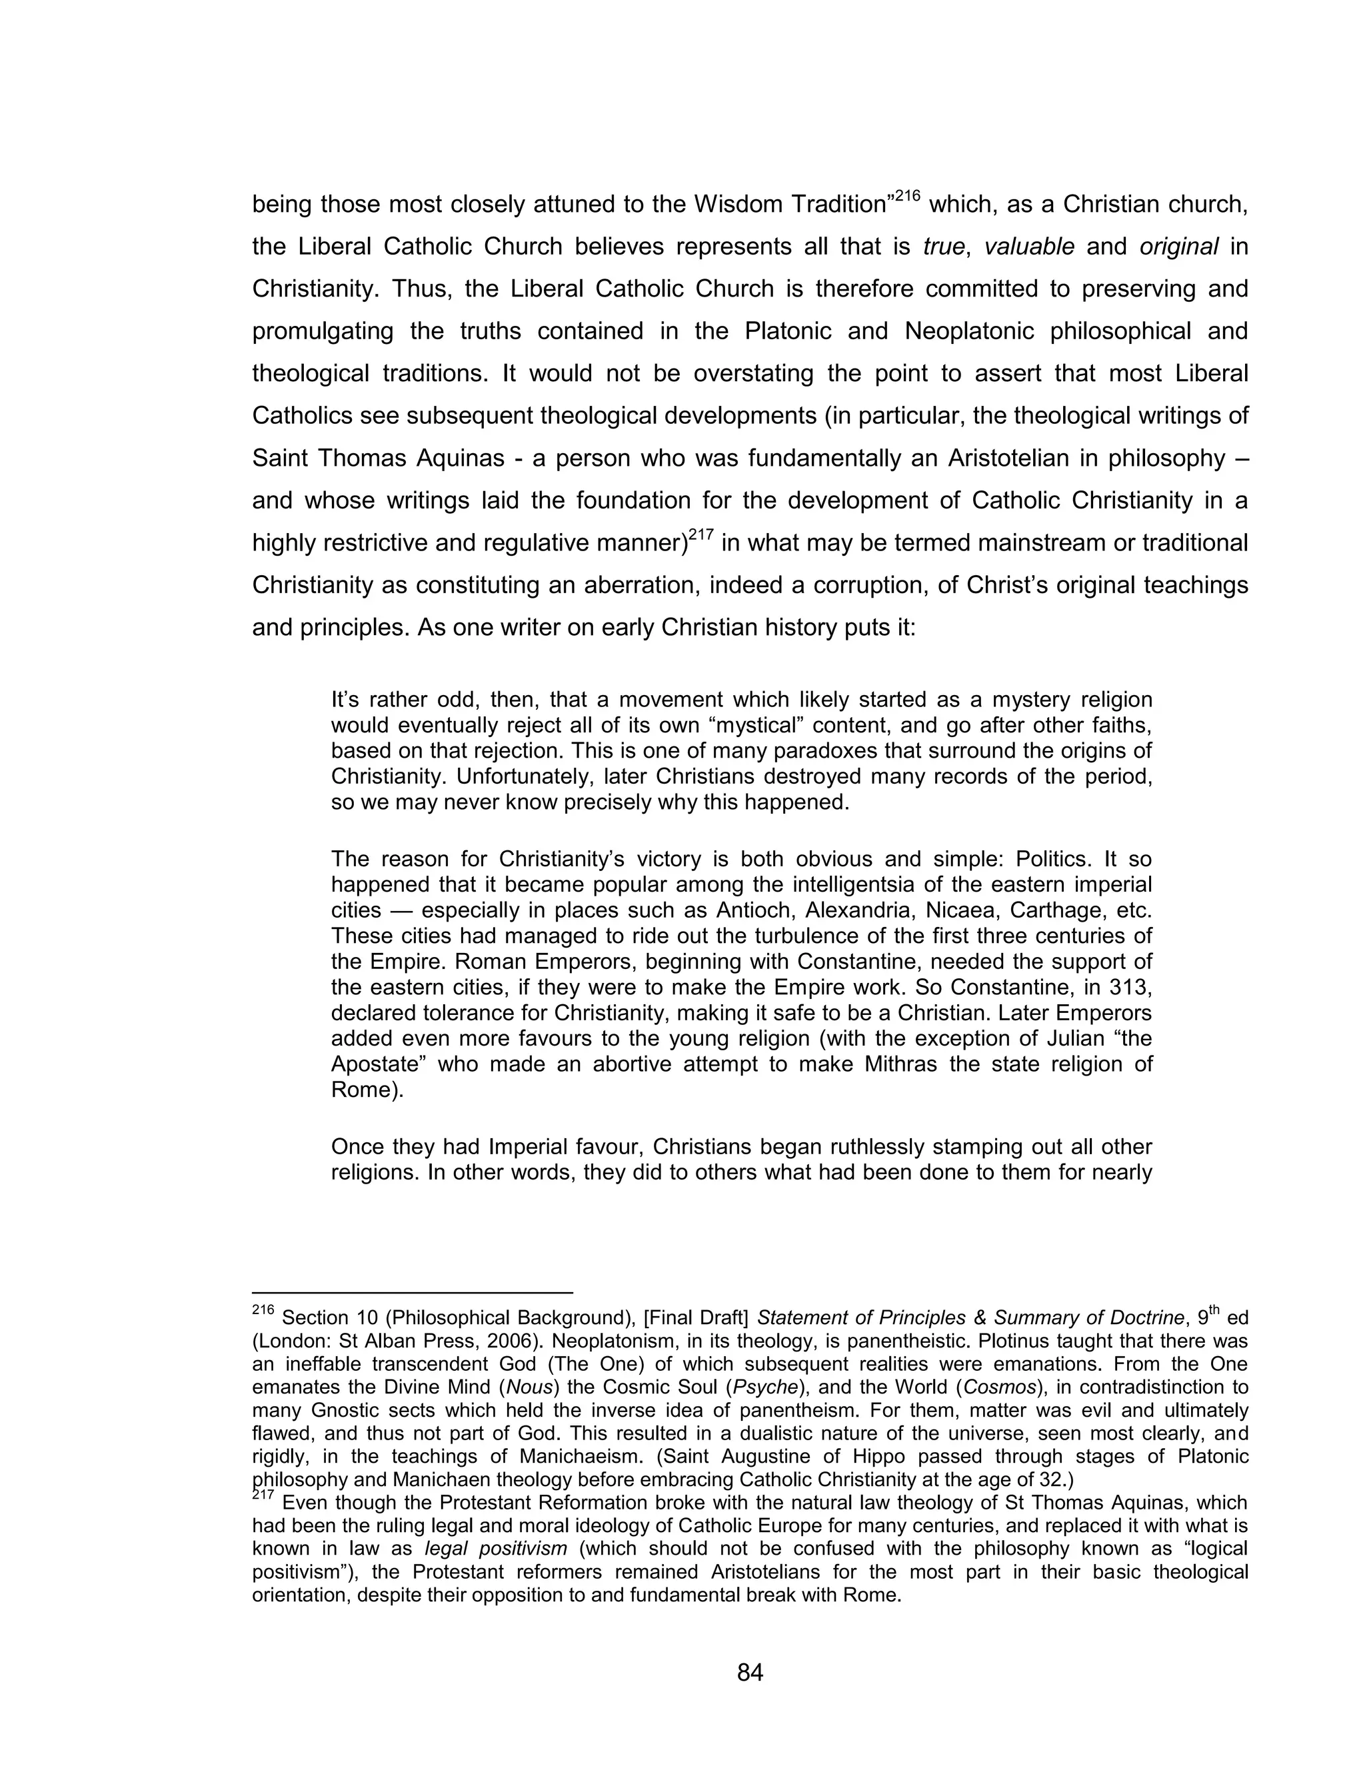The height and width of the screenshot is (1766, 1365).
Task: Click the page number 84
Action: tap(750, 1672)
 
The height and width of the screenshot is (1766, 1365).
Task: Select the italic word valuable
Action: tap(1028, 247)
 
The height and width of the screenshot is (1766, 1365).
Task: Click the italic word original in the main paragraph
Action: tap(1178, 247)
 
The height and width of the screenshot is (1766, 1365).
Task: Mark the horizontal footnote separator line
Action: tap(413, 1293)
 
